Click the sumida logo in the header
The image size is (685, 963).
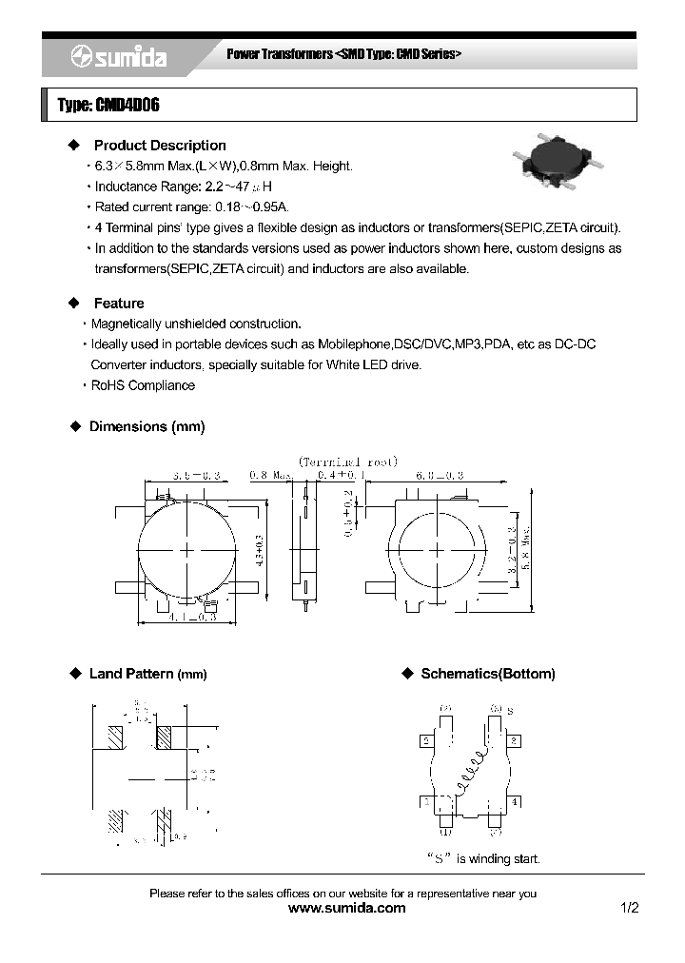(x=119, y=58)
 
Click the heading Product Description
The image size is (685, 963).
(x=159, y=146)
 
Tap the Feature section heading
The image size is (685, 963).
(x=119, y=304)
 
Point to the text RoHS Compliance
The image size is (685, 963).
(x=143, y=385)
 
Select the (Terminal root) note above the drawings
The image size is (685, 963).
(x=346, y=461)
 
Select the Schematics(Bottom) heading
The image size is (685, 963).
(x=487, y=674)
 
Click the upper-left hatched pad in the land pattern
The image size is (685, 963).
(x=116, y=737)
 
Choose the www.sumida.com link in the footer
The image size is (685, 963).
(x=346, y=908)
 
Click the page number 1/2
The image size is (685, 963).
(x=629, y=908)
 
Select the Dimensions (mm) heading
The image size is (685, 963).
(x=147, y=426)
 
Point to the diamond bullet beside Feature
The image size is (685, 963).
(x=75, y=304)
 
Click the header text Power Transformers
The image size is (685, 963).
(x=279, y=55)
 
